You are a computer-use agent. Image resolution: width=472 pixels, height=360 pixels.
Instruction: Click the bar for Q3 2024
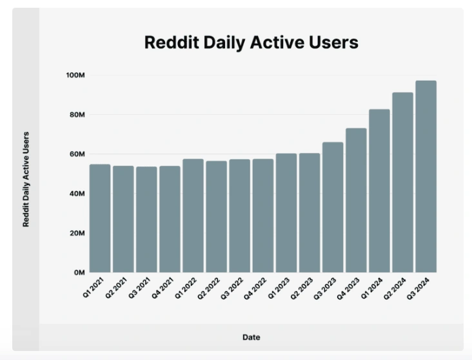tap(426, 177)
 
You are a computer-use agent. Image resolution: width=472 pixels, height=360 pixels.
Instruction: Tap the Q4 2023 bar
tap(356, 200)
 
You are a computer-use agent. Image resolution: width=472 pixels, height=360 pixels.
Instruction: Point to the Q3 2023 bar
tap(333, 207)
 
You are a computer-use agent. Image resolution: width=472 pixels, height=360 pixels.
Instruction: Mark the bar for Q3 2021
tap(146, 219)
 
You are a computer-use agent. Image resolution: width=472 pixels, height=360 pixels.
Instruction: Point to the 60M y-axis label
tap(77, 154)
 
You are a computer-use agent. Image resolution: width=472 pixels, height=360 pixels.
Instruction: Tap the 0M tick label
tap(79, 273)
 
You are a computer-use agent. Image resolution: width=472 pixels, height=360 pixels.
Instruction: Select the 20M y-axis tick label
tap(77, 234)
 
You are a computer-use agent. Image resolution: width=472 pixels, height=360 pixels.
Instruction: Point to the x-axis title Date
tap(251, 337)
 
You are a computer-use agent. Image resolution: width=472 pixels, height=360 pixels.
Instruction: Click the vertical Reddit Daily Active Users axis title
tap(26, 179)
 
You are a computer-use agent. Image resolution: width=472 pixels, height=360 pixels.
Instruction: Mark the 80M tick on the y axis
tap(77, 115)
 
